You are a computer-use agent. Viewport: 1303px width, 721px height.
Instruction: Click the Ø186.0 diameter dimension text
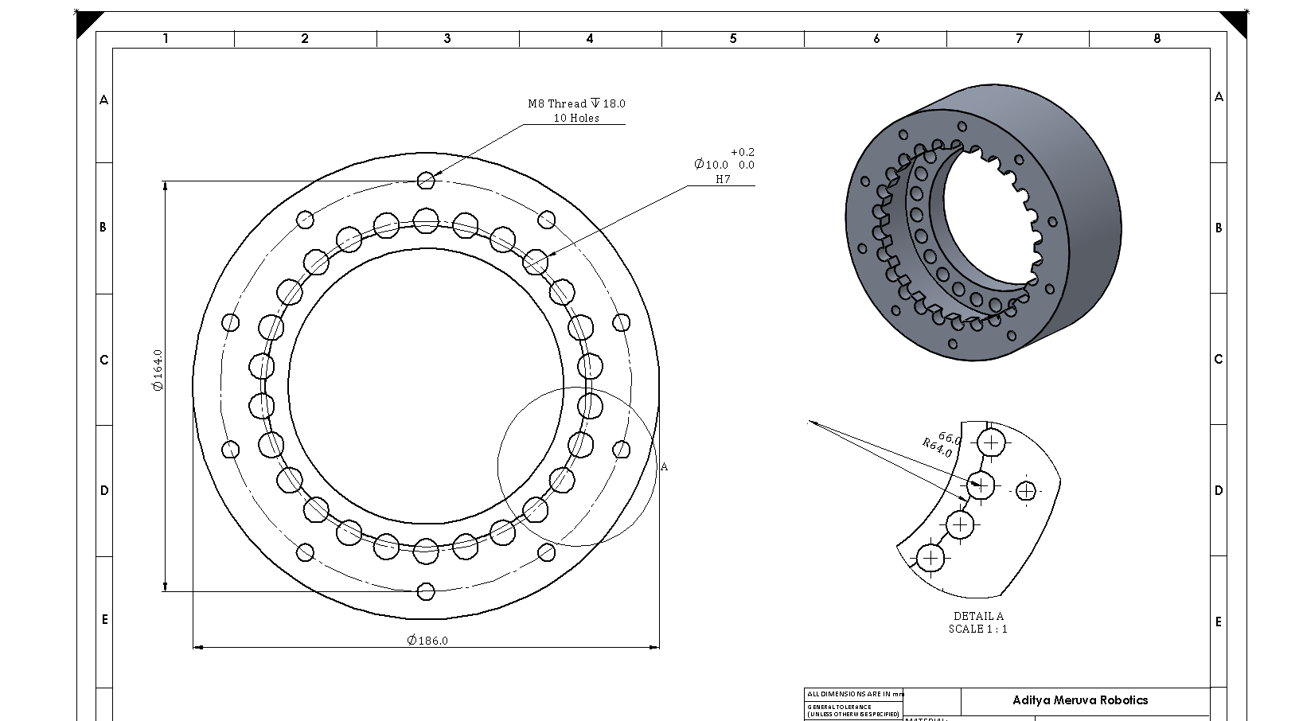tap(427, 641)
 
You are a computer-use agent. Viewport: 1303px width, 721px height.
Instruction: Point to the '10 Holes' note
tap(576, 118)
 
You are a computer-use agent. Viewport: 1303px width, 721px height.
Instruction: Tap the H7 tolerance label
tap(722, 180)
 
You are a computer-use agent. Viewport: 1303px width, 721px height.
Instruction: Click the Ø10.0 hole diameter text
tap(711, 165)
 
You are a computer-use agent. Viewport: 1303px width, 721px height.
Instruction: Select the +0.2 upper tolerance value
tap(743, 152)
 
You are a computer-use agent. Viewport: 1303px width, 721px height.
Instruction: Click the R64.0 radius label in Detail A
tap(937, 448)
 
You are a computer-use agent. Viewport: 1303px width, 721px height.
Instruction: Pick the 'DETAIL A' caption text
tap(978, 616)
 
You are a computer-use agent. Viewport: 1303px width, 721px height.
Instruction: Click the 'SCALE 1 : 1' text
tap(978, 629)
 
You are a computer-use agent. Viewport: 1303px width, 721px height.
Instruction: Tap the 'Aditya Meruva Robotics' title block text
tap(1080, 700)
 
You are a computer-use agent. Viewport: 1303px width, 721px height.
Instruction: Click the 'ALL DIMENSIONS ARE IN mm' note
tap(855, 695)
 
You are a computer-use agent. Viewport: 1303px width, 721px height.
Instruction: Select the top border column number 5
tap(733, 38)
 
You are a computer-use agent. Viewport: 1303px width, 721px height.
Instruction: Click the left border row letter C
tap(103, 360)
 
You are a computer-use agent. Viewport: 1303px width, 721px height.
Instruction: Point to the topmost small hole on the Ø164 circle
tap(426, 181)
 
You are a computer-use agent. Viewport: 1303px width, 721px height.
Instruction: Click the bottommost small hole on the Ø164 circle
tap(426, 591)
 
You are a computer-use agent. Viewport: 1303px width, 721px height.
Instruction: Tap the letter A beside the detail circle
tap(665, 467)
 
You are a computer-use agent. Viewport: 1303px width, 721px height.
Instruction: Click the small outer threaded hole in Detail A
tap(1026, 492)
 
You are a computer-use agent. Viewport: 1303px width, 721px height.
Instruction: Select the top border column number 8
tap(1157, 38)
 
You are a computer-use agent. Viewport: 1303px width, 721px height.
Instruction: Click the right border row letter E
tap(1218, 622)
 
